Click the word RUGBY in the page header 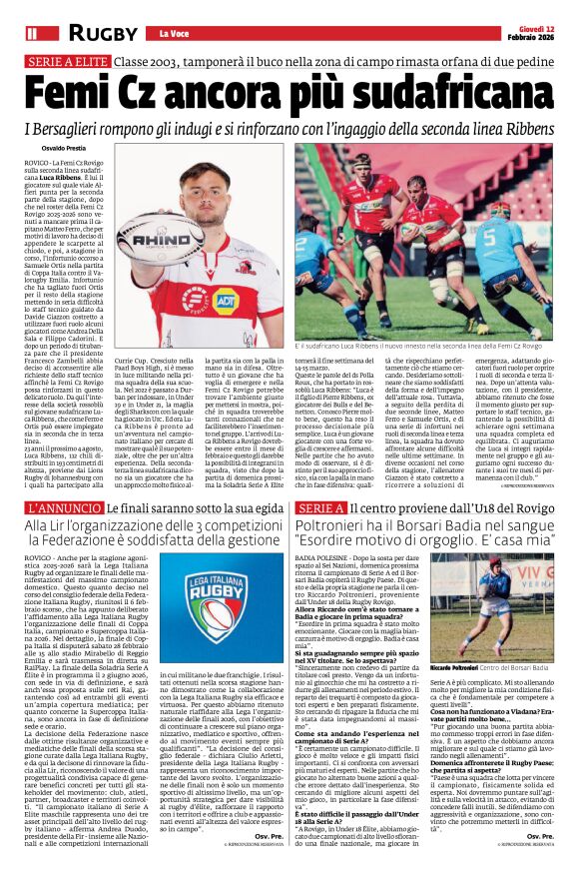coord(103,33)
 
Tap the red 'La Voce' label coord(174,33)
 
